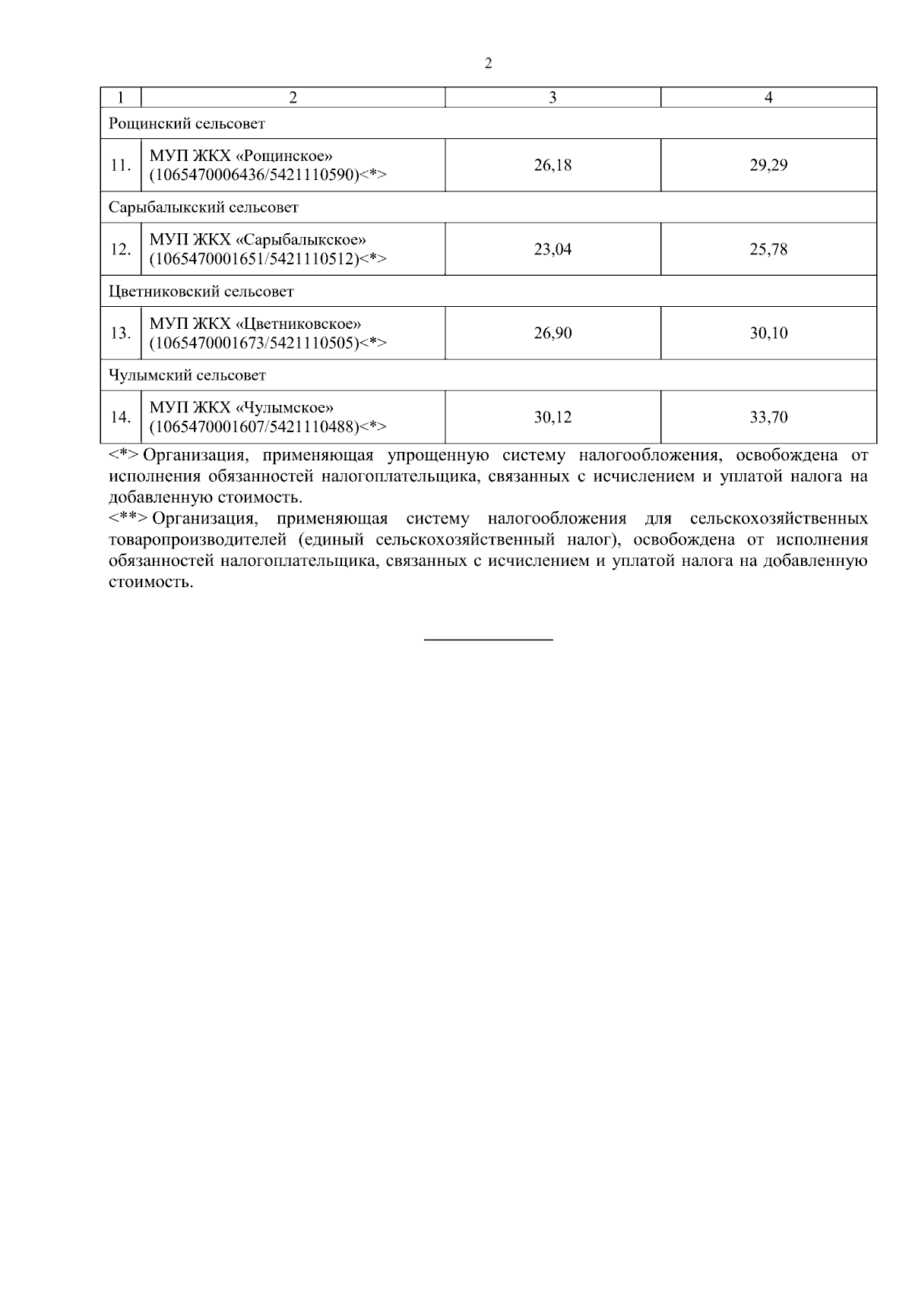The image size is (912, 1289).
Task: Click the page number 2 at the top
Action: [488, 64]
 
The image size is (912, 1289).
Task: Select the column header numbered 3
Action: [553, 97]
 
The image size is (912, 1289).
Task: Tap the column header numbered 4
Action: [768, 97]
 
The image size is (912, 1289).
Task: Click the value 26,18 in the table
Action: [553, 165]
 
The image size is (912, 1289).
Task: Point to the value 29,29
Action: [768, 165]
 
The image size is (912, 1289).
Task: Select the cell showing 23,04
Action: [553, 249]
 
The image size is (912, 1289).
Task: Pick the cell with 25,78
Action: [768, 249]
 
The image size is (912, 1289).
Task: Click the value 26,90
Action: [553, 333]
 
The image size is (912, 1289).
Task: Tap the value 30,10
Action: [768, 333]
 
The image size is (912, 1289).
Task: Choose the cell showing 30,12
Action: [553, 417]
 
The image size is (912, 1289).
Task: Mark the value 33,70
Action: [768, 417]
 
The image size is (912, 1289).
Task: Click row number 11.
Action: [120, 165]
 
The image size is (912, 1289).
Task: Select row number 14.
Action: [120, 417]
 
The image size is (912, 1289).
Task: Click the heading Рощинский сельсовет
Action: [186, 123]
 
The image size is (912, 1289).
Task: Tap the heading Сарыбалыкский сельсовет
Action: [203, 207]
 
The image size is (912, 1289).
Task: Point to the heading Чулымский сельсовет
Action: [187, 375]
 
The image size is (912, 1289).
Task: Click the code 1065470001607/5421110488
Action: [254, 426]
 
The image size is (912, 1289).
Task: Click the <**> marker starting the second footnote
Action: [127, 519]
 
